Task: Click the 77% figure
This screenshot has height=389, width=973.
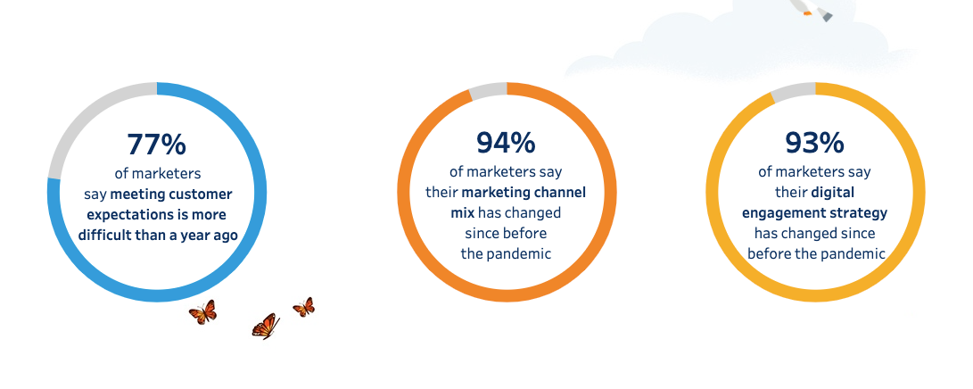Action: click(156, 144)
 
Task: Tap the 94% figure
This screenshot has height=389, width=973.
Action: click(506, 143)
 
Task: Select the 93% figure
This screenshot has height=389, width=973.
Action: click(815, 143)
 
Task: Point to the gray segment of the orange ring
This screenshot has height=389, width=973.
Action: click(488, 91)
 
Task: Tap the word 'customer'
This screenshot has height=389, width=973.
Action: click(202, 194)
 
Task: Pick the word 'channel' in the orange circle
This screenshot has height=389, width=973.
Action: click(561, 192)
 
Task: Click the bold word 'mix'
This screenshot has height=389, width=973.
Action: click(462, 213)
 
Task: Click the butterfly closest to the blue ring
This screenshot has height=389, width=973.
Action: click(203, 312)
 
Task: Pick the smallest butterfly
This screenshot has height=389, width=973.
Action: click(304, 307)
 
